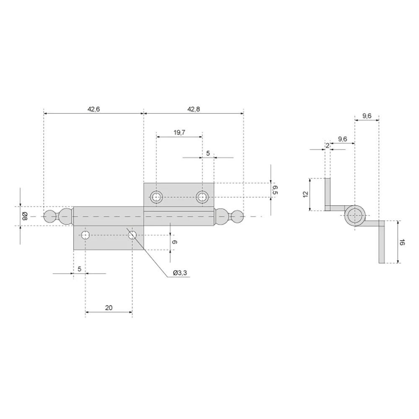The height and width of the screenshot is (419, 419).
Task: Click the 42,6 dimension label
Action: (93, 109)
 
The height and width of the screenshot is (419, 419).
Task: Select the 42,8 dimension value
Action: (194, 109)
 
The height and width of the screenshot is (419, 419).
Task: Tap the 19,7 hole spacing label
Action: (179, 132)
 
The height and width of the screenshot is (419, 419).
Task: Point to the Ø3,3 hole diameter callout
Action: (180, 273)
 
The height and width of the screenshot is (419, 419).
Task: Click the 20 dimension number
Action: (109, 308)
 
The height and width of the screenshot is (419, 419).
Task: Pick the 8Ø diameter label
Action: (25, 216)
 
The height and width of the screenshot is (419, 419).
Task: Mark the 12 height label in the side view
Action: (306, 194)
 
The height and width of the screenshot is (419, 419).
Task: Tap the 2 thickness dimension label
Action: (327, 146)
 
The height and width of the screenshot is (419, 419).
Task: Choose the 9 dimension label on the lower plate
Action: (174, 242)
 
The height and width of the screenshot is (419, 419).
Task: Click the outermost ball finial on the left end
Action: (49, 217)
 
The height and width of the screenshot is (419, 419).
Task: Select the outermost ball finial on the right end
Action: (238, 217)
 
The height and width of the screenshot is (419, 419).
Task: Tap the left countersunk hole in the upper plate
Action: (156, 197)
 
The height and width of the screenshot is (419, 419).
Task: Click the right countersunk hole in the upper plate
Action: (202, 197)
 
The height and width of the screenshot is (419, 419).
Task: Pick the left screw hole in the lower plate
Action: (85, 235)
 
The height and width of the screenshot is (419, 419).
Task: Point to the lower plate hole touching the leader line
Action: (132, 235)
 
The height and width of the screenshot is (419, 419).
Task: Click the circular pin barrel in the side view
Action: (354, 215)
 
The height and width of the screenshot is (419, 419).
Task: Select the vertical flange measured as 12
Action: (328, 194)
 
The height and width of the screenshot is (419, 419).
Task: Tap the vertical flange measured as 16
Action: (382, 242)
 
